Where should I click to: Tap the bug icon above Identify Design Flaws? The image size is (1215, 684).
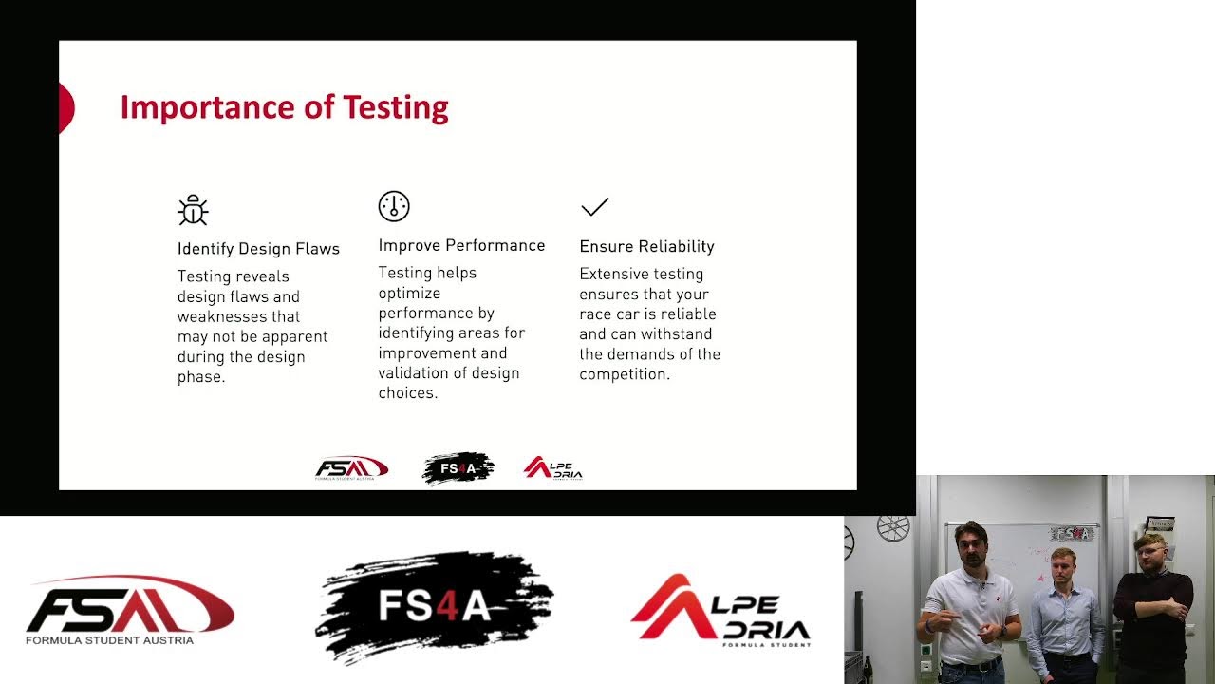(193, 210)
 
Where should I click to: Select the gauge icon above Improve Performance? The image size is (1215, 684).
(394, 206)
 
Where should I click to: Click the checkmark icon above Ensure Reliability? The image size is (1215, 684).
(594, 207)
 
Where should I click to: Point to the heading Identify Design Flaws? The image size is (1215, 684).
(258, 249)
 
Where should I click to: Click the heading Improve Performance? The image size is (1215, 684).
(461, 246)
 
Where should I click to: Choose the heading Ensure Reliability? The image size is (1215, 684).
(646, 247)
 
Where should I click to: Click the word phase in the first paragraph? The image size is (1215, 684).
(200, 377)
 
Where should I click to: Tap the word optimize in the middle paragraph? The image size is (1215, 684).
(409, 294)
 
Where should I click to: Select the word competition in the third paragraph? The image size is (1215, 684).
(624, 374)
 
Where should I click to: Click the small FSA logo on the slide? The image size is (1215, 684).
(351, 468)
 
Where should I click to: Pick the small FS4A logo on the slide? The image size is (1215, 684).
(458, 468)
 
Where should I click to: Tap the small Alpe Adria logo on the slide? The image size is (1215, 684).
(552, 468)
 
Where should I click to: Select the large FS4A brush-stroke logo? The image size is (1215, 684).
(434, 606)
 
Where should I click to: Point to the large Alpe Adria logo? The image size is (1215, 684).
(720, 611)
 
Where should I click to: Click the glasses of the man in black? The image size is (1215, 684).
(1151, 550)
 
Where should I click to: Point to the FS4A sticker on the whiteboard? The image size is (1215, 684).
(1073, 534)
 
